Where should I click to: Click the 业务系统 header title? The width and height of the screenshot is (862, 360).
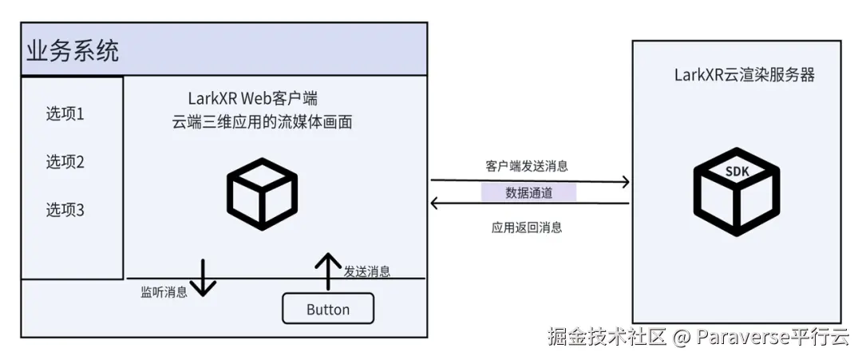point(73,52)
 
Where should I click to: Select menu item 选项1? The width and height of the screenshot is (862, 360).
point(65,114)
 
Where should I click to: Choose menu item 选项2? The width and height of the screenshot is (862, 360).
point(65,163)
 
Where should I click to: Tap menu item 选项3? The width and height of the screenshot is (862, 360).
point(65,211)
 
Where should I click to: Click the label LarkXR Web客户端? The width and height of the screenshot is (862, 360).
point(253,99)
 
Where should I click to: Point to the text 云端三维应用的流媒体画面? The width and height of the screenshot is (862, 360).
point(262,123)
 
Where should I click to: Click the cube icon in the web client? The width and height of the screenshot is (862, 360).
point(262,194)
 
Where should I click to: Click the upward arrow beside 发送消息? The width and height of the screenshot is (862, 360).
point(326,271)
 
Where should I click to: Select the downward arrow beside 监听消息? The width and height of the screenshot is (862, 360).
point(203,278)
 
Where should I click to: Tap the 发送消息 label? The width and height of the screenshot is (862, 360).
point(367,271)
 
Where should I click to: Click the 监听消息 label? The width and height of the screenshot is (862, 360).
point(164,292)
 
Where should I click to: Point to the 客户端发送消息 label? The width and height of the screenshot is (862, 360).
point(527,166)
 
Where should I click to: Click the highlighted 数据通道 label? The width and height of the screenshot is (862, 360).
point(528,193)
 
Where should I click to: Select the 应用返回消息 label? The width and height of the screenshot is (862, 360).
point(527,227)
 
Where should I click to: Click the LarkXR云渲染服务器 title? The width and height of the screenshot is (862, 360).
point(745,76)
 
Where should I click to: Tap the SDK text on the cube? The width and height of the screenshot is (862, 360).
point(736,171)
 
